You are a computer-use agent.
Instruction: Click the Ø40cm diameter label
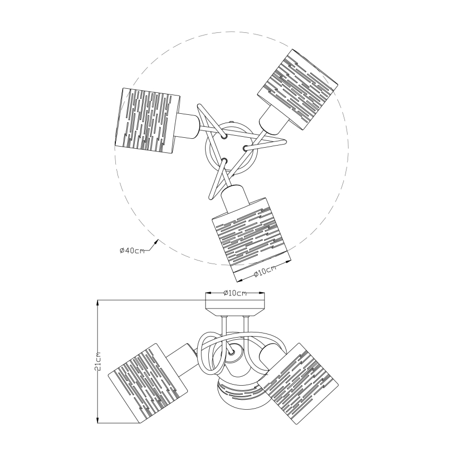tap(132, 251)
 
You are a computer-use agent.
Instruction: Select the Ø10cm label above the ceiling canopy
tap(235, 293)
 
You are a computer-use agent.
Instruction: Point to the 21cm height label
tap(98, 362)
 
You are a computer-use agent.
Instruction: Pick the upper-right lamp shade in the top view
tap(297, 90)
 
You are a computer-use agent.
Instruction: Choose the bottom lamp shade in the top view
tap(251, 240)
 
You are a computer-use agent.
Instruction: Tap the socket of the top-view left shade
tap(188, 125)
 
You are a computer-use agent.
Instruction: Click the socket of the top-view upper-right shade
tap(273, 120)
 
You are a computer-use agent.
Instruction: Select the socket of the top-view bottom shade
tap(235, 199)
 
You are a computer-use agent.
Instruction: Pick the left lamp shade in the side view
tap(147, 384)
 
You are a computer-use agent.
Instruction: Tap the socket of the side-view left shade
tap(182, 359)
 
